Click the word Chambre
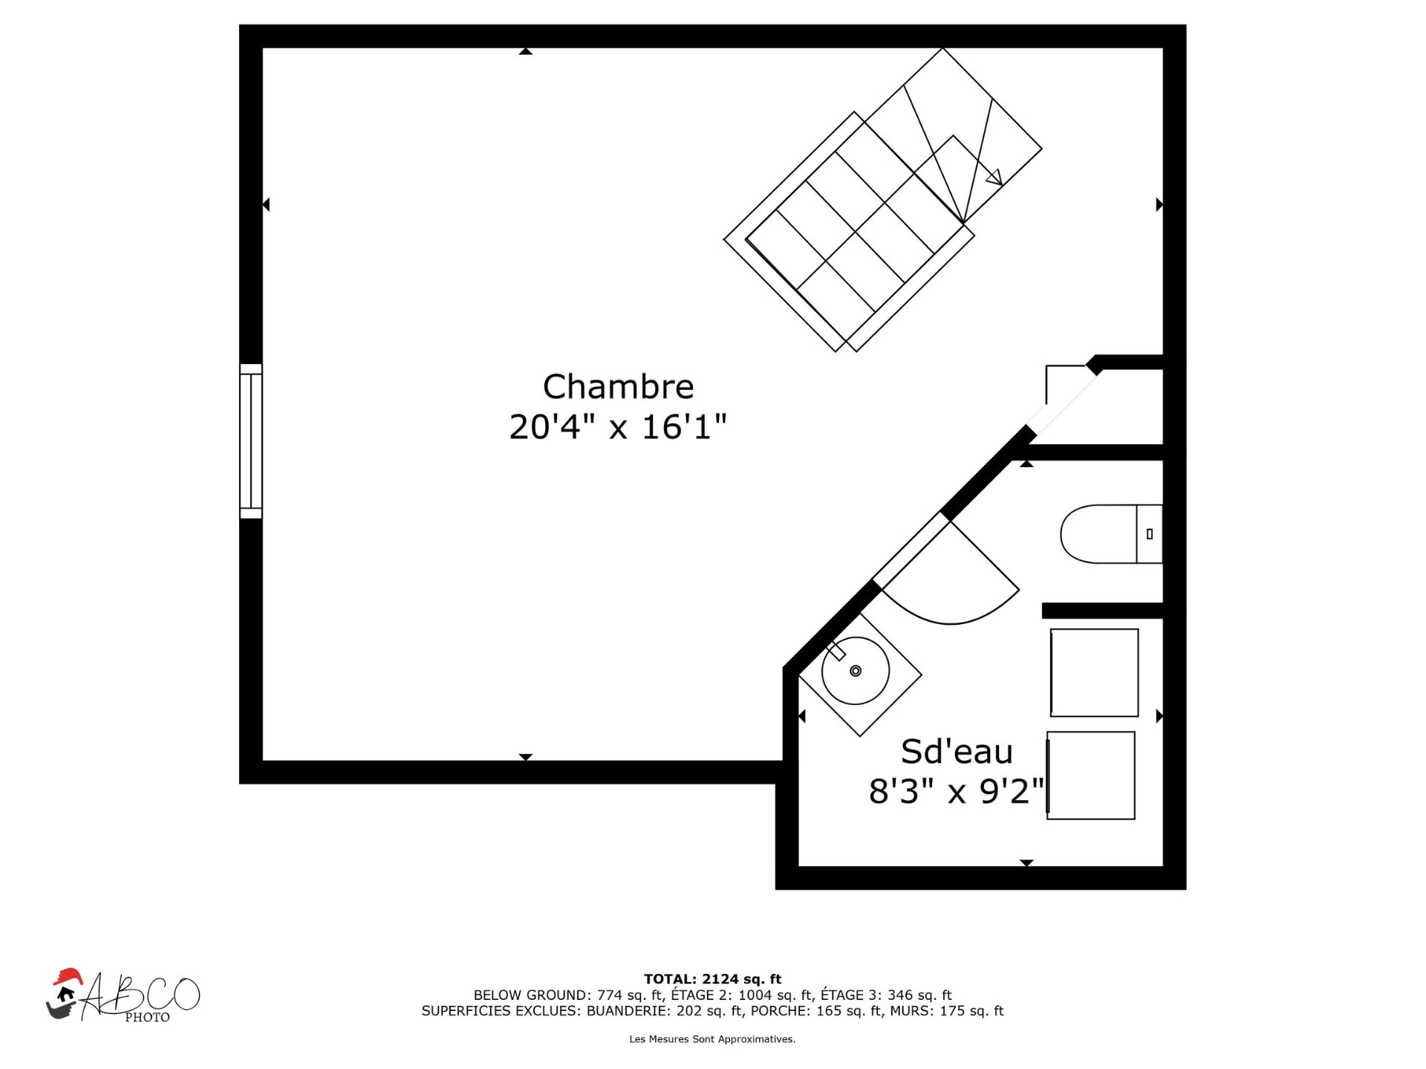click(618, 386)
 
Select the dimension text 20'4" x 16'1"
click(618, 427)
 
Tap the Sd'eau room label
click(957, 752)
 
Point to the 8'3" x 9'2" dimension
click(957, 791)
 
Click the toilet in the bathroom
click(1111, 534)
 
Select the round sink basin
click(856, 671)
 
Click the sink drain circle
click(856, 671)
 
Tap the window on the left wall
click(251, 441)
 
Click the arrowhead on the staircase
click(994, 178)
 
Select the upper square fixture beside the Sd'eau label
click(1094, 673)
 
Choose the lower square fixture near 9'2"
click(1090, 776)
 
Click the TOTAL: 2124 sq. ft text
click(712, 979)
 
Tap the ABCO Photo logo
click(123, 995)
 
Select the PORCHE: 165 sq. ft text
click(814, 1011)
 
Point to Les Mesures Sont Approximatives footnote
click(712, 1039)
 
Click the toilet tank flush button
click(1150, 534)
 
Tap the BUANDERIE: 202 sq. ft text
click(665, 1011)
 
